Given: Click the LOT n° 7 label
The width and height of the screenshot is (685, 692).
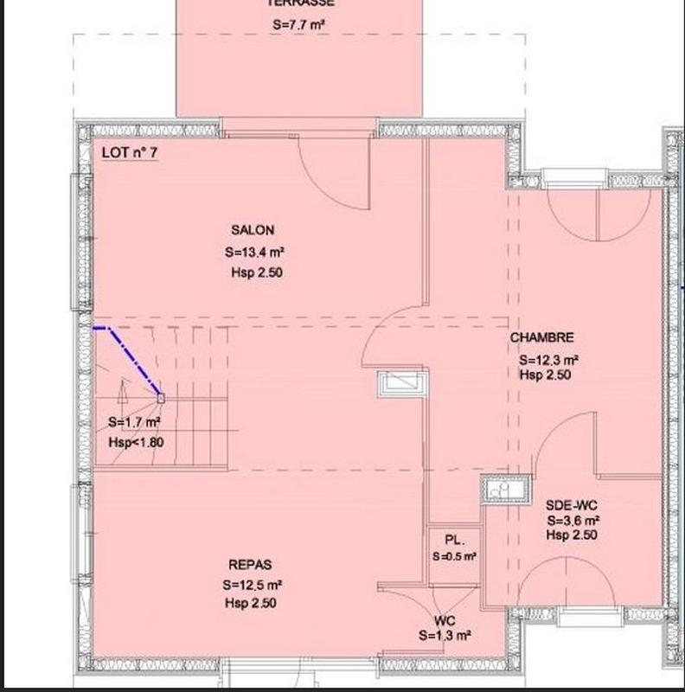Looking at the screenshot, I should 129,152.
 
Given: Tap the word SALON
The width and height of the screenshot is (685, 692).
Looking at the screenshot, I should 253,230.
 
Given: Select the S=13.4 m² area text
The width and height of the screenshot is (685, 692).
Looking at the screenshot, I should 254,253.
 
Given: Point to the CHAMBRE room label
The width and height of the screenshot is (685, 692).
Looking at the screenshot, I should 542,337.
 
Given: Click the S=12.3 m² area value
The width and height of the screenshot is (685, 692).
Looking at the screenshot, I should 548,360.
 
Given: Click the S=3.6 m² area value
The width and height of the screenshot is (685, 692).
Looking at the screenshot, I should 573,521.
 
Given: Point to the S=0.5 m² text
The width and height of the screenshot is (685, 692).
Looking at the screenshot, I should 455,556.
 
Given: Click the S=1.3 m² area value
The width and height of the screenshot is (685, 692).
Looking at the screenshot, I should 445,636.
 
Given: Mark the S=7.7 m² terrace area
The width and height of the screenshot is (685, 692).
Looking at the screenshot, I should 298,26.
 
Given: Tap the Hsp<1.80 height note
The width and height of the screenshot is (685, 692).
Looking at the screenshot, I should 136,442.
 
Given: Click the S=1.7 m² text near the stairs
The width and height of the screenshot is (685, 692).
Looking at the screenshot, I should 135,423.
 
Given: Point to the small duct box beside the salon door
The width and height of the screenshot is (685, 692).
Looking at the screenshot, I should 402,381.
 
